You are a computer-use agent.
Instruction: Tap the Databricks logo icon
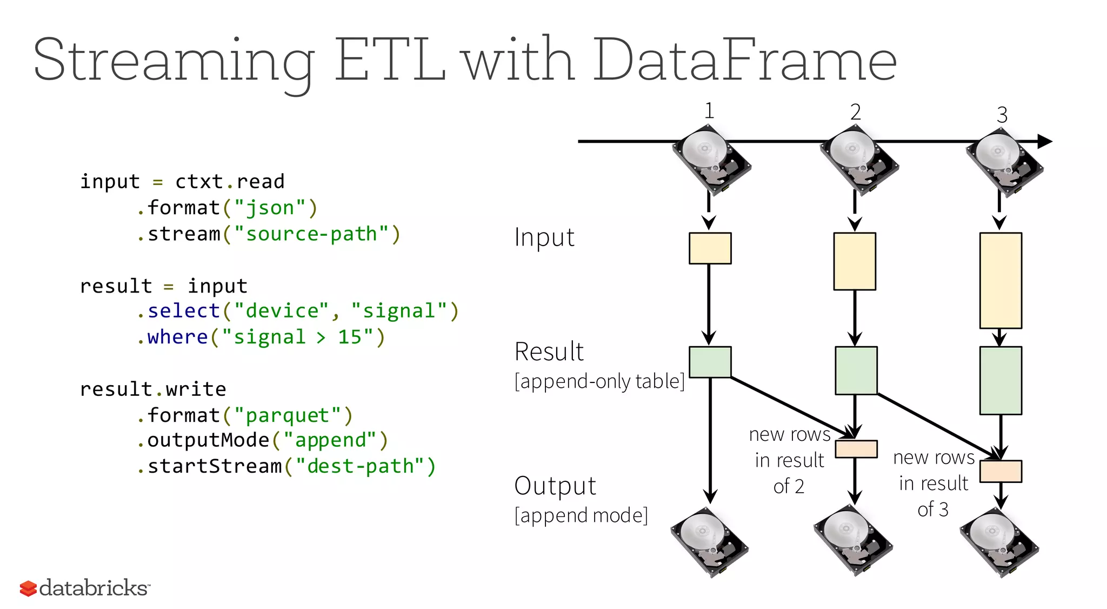pyautogui.click(x=28, y=588)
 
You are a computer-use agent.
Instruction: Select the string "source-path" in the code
pyautogui.click(x=311, y=234)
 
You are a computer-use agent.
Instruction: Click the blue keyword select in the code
pyautogui.click(x=183, y=311)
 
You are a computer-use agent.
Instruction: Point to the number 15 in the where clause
pyautogui.click(x=350, y=337)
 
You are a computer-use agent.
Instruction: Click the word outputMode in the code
pyautogui.click(x=208, y=440)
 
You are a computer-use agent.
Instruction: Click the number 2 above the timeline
pyautogui.click(x=855, y=112)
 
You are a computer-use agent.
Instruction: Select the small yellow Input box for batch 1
pyautogui.click(x=710, y=248)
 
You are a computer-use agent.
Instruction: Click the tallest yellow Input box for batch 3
pyautogui.click(x=1001, y=280)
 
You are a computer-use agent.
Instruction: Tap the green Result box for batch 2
pyautogui.click(x=856, y=370)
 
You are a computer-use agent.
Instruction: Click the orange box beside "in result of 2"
pyautogui.click(x=856, y=449)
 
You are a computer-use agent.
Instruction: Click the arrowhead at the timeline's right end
pyautogui.click(x=1045, y=142)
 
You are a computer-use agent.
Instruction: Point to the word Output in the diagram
pyautogui.click(x=555, y=486)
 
